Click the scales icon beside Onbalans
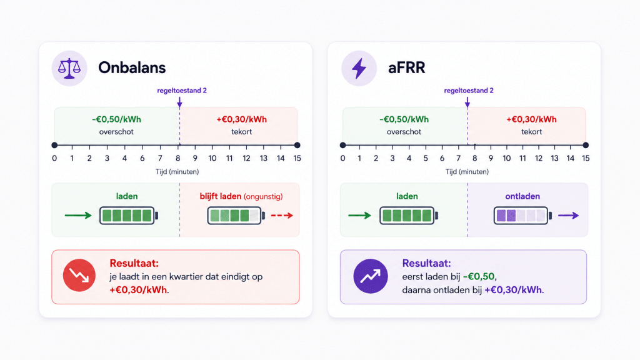[69, 68]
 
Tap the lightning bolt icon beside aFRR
[359, 68]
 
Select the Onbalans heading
[132, 67]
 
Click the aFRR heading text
[406, 67]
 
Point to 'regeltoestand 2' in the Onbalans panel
[182, 91]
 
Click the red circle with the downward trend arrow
[79, 275]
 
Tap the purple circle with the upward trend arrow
[371, 276]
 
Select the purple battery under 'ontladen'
[523, 216]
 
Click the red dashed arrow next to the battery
[282, 216]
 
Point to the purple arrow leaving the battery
[569, 216]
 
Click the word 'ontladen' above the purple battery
[522, 196]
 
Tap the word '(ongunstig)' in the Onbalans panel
[263, 197]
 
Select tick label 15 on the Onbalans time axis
[297, 158]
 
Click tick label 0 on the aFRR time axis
[343, 158]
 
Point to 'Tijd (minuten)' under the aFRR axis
[467, 172]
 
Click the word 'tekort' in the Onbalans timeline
[242, 132]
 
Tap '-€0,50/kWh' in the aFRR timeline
[404, 119]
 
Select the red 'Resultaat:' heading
[134, 263]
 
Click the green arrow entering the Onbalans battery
[78, 216]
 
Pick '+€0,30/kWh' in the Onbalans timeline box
[242, 119]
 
